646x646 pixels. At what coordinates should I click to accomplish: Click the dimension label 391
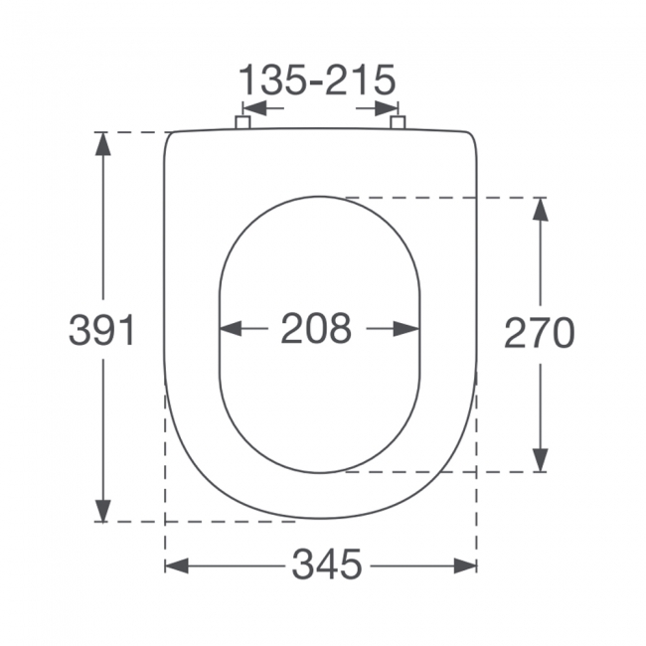point(101,330)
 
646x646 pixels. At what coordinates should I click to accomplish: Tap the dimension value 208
point(316,328)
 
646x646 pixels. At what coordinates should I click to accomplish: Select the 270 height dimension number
point(539,333)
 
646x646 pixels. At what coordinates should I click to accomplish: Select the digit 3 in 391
point(81,330)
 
